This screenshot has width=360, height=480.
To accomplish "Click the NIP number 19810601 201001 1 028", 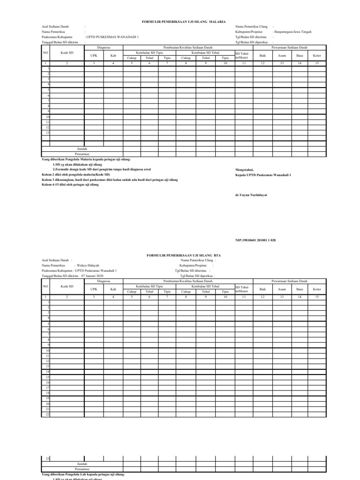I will [255, 240].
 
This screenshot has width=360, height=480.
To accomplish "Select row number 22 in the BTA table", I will [47, 413].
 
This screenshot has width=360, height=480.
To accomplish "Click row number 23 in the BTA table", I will [47, 458].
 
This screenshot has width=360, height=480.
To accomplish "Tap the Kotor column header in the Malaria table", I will [316, 55].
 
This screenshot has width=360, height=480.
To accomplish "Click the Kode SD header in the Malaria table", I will [67, 53].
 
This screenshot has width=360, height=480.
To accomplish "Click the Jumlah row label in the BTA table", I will [82, 463].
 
